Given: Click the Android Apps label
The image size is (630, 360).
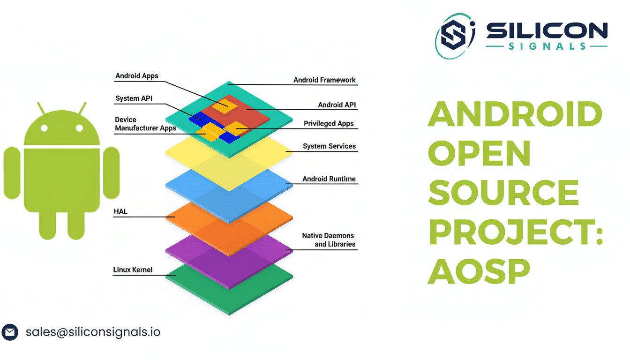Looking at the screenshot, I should tap(137, 76).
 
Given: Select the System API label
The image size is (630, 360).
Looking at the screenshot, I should tap(134, 98).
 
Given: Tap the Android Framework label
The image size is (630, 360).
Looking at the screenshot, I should tap(324, 80).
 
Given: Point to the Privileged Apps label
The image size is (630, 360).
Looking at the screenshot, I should tap(329, 124).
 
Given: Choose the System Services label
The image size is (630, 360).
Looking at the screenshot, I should tap(329, 146).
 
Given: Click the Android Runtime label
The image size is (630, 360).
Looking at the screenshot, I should tap(329, 179).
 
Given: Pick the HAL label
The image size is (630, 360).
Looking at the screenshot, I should tap(120, 212).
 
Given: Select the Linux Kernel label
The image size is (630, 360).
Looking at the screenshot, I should tap(133, 270).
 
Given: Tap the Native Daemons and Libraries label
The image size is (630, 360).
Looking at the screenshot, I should tap(328, 240).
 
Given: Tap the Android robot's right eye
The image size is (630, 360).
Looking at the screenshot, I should tap(79, 128).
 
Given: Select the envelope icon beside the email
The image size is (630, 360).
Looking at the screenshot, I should tap(10, 332).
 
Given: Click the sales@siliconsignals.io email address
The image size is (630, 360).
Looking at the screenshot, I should tap(93, 332).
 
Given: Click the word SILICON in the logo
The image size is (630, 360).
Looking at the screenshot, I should tap(547, 31).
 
